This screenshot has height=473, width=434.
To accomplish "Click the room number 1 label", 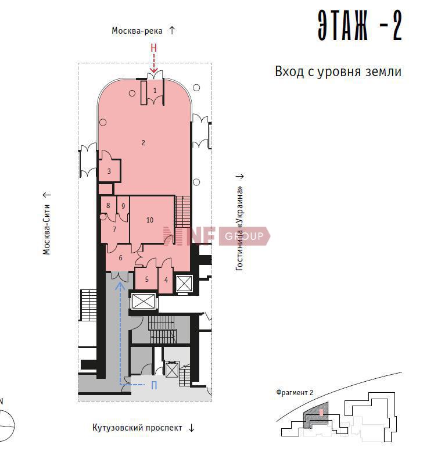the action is pyautogui.click(x=155, y=90).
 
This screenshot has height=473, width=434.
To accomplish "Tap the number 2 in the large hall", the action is pyautogui.click(x=144, y=143).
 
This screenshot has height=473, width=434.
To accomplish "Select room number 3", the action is pyautogui.click(x=109, y=171).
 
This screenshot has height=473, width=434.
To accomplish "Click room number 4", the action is pyautogui.click(x=166, y=280).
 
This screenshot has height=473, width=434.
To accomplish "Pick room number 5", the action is pyautogui.click(x=147, y=279).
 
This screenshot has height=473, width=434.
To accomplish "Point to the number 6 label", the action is pyautogui.click(x=121, y=258).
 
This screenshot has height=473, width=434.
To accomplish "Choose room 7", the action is pyautogui.click(x=114, y=230).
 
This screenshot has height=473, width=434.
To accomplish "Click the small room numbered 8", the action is pyautogui.click(x=108, y=206).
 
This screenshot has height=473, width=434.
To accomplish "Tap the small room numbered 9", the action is pyautogui.click(x=123, y=206).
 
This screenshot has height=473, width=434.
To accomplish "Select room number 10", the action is pyautogui.click(x=150, y=220).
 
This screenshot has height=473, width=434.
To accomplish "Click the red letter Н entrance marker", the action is pyautogui.click(x=154, y=48).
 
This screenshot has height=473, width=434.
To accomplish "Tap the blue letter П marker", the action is pyautogui.click(x=154, y=385).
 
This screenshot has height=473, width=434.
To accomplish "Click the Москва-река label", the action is pyautogui.click(x=137, y=31).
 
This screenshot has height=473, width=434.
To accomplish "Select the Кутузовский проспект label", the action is pyautogui.click(x=137, y=428).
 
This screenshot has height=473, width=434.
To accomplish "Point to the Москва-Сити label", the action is pyautogui.click(x=46, y=230).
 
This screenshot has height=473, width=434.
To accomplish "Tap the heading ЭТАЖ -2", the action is pyautogui.click(x=360, y=26).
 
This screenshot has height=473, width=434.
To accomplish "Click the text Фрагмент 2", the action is pyautogui.click(x=295, y=393).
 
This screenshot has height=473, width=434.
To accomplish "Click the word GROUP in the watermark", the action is pyautogui.click(x=244, y=236).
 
